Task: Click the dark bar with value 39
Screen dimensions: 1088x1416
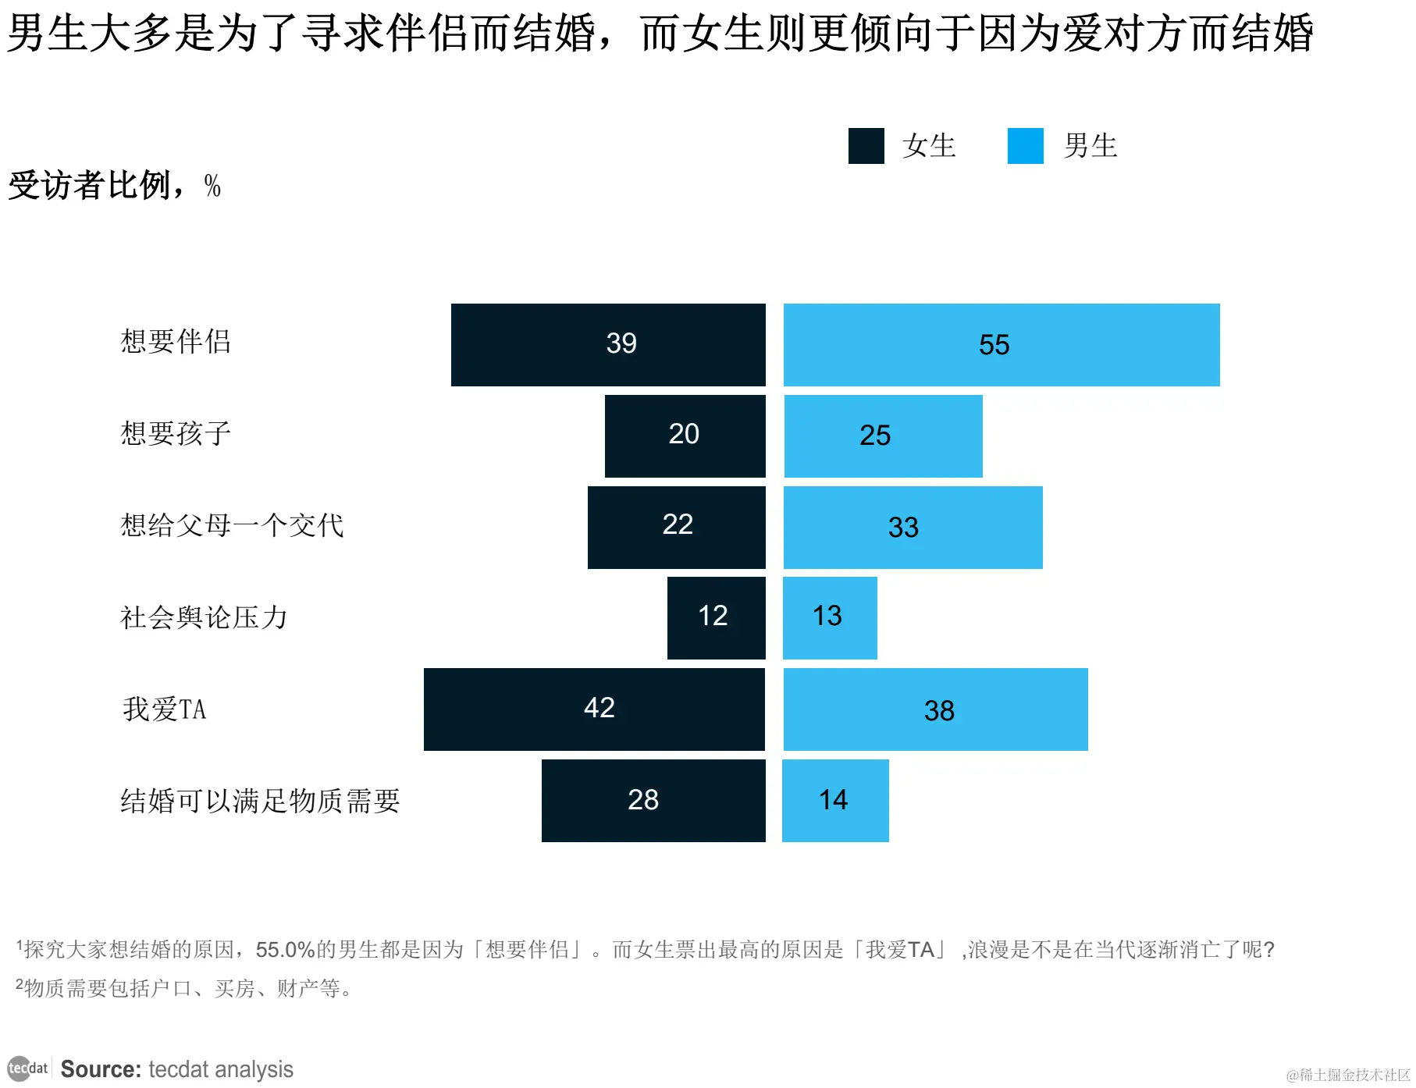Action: tap(608, 344)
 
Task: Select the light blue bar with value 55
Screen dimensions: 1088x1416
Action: tap(1002, 344)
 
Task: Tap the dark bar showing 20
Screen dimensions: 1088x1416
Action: tap(685, 436)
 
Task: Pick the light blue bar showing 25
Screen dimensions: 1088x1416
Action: tap(883, 436)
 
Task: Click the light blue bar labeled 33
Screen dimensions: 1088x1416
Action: tap(913, 527)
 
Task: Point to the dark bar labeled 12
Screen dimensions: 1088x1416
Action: tap(716, 617)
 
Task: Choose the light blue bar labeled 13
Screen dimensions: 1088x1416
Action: tap(830, 617)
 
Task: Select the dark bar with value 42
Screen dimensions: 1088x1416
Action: tap(594, 709)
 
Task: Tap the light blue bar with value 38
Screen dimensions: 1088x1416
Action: tap(935, 709)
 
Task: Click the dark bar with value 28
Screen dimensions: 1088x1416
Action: tap(653, 800)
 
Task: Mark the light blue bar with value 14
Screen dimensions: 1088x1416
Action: tap(835, 800)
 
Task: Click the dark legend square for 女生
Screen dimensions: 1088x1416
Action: tap(866, 146)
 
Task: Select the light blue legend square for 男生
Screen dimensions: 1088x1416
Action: tap(1025, 146)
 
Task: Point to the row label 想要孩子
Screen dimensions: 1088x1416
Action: tap(176, 434)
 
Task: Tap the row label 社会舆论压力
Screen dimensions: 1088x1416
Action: tap(204, 617)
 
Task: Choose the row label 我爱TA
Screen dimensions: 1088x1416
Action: tap(164, 709)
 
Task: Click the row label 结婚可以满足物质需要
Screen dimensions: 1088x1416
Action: tap(260, 801)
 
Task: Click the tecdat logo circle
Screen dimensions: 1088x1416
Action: tap(19, 1068)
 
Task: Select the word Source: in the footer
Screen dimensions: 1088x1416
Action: tap(101, 1069)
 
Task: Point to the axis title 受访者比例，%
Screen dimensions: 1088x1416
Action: tap(114, 186)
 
